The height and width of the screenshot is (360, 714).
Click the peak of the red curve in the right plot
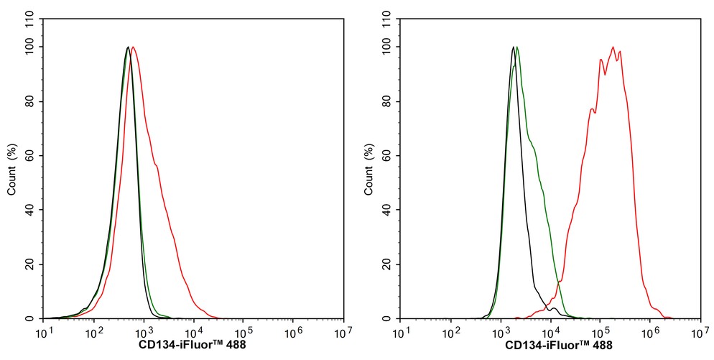(x=613, y=47)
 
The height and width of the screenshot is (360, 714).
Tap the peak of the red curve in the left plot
(x=134, y=47)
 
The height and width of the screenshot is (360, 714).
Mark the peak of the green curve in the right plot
(x=517, y=47)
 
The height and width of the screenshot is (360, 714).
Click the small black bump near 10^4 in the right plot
(x=554, y=308)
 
